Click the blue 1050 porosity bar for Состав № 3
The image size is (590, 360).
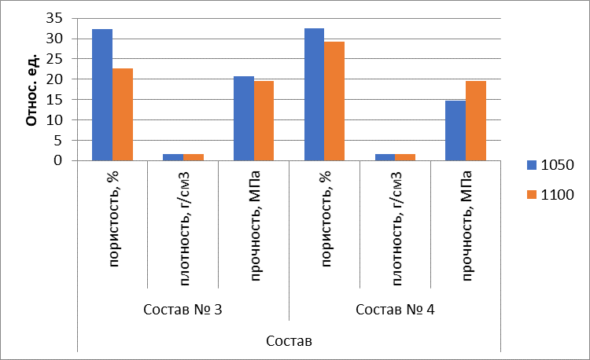pos(102,95)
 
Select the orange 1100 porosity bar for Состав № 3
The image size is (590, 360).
pos(123,115)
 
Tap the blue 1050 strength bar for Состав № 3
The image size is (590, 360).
pos(244,119)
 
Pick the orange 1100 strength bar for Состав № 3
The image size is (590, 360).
pos(264,121)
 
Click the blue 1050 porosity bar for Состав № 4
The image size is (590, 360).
pos(315,94)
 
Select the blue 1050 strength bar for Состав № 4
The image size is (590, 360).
pos(456,130)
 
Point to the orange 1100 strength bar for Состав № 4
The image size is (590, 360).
pos(477,121)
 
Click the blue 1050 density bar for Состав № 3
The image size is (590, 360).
pos(173,157)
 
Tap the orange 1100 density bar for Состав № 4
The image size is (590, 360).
pos(406,157)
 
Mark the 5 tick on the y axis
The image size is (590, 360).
pos(67,141)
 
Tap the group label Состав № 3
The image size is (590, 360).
pos(183,308)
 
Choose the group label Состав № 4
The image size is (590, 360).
pos(395,308)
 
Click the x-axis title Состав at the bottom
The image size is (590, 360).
pos(289,341)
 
